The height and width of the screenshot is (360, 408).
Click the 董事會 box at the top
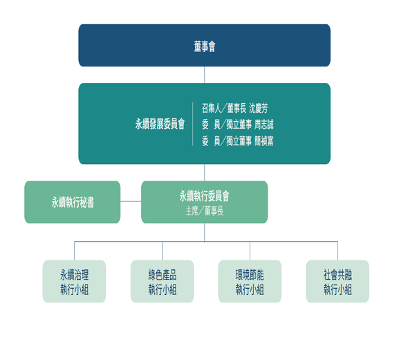coord(204,45)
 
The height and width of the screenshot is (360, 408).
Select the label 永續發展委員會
coord(160,124)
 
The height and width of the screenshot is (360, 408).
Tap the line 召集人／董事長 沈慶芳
coord(234,108)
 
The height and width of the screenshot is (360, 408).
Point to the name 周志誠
coord(264,125)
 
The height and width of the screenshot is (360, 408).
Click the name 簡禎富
coord(264,141)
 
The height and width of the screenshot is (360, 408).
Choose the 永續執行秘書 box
coord(73,202)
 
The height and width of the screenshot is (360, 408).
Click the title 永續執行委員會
coord(204,196)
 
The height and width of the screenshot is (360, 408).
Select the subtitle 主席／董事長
coord(205,210)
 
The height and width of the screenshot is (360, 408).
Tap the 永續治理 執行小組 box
coord(74,281)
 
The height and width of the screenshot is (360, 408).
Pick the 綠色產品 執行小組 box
coord(162,281)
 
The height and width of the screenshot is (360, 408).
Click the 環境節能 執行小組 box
coord(250,281)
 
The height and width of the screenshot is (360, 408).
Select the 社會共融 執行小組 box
coord(337,281)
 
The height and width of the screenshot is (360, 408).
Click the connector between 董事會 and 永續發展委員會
coord(204,75)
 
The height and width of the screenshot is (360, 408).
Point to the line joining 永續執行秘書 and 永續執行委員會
coord(131,201)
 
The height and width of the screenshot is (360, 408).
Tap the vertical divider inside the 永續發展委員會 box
coord(192,124)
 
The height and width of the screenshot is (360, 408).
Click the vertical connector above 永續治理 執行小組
coord(75,251)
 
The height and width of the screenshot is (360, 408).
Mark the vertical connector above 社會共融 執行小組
coord(337,251)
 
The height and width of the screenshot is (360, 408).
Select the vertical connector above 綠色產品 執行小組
coord(163,251)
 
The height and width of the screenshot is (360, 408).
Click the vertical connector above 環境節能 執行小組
coord(250,251)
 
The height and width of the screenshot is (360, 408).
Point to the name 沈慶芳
coord(258,108)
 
